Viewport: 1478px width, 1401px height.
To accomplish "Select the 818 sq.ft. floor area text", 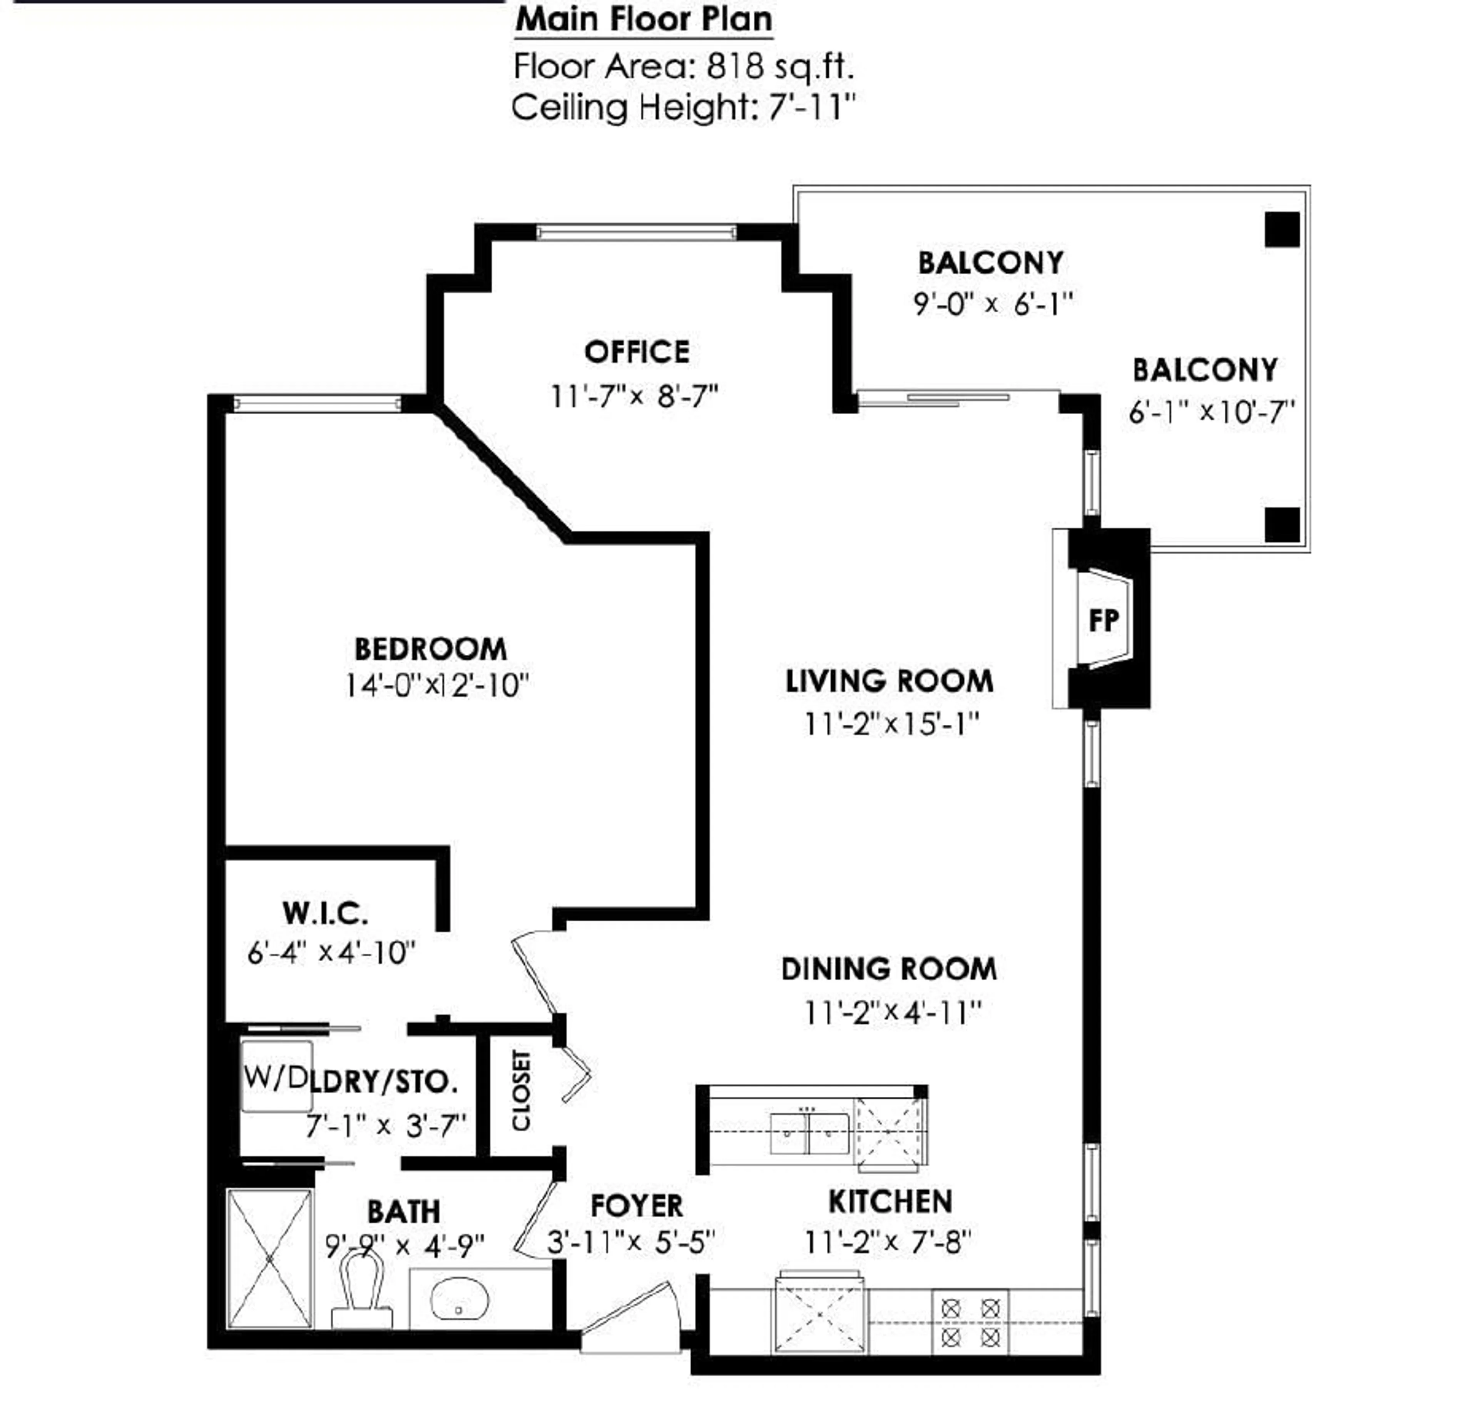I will (x=779, y=67).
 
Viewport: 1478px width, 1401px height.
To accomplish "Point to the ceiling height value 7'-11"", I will (x=811, y=108).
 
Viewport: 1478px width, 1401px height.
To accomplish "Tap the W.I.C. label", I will (x=325, y=912).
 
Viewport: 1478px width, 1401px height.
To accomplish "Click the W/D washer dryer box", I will (x=276, y=1077).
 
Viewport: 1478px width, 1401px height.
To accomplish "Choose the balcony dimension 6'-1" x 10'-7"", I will (x=1210, y=412).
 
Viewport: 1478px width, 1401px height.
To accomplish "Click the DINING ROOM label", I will (x=888, y=969).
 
